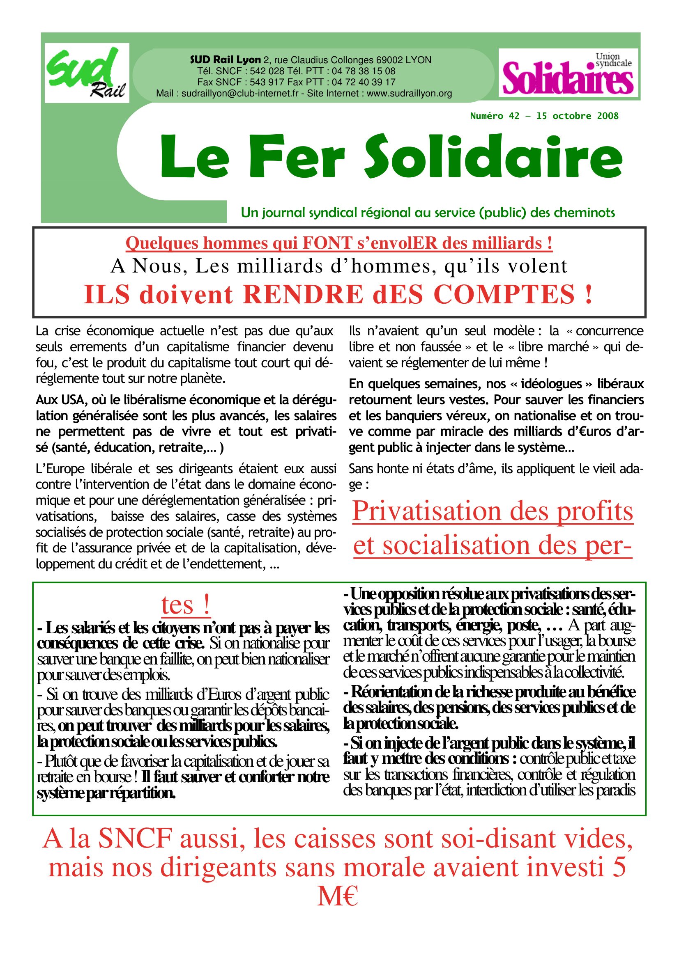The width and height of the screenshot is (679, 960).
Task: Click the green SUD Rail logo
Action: click(86, 73)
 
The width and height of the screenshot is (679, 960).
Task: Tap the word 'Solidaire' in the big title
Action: click(494, 156)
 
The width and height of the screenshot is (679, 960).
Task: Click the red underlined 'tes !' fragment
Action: click(186, 605)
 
